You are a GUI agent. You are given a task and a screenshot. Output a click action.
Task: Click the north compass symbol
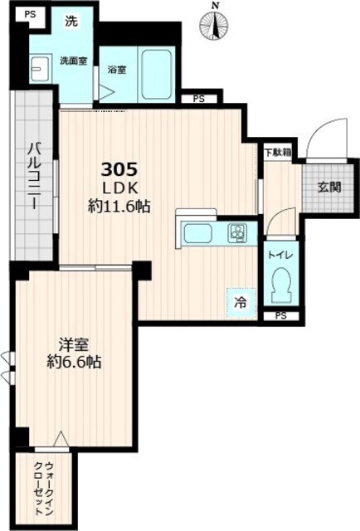[x=215, y=25]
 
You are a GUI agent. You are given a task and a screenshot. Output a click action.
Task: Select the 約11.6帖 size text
[x=119, y=208]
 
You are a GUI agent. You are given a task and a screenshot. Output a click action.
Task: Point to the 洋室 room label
[x=73, y=343]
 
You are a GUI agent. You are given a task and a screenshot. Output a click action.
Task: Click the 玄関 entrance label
[x=328, y=188]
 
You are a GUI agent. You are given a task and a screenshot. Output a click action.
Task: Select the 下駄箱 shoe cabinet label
[x=277, y=152]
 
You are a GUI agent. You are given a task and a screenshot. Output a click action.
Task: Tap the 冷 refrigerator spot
[x=239, y=302]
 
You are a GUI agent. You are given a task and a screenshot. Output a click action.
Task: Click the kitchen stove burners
[x=238, y=233]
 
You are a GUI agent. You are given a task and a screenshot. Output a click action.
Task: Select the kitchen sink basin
[x=200, y=233]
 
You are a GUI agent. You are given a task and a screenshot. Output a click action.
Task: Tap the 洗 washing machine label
[x=71, y=22]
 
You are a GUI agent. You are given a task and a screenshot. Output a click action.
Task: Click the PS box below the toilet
[x=280, y=316]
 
